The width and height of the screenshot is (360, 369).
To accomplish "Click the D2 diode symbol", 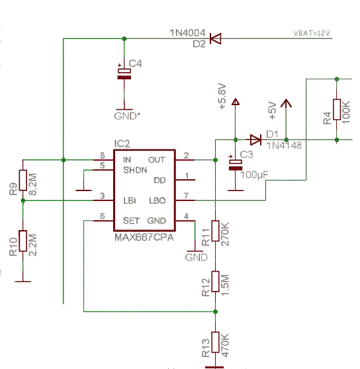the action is coord(216,38).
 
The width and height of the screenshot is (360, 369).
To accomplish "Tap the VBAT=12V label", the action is coord(312,33).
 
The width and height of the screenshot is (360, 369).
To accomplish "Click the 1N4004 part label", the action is coord(187,33).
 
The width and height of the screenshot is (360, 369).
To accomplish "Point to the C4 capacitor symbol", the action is coord(124,74).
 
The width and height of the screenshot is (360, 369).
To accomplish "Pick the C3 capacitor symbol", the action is coord(236,165).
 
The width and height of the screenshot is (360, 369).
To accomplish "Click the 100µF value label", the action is coord(254,175).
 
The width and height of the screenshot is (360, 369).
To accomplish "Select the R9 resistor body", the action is coord(23,180).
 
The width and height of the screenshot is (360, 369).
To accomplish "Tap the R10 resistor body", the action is coord(23,241).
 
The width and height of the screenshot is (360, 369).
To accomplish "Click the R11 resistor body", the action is coord(215,231).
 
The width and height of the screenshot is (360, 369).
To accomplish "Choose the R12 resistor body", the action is coord(215,282).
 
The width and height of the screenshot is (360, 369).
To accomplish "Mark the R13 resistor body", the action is coord(215,342).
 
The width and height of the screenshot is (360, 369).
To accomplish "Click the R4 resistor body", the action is coord(337,109).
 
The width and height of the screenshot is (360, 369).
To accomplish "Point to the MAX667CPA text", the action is coord(144,237).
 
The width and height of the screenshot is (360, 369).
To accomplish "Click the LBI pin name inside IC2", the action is coord(130,201).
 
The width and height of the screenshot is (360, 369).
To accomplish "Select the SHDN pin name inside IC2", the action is coord(135,170).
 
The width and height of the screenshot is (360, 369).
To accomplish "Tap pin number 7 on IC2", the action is coord(186,196).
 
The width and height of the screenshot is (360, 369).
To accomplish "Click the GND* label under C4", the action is coord(127,116).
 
